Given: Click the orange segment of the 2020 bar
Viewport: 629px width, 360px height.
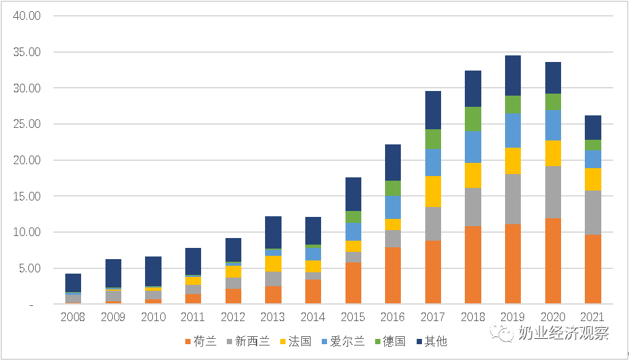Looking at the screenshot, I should (x=553, y=260).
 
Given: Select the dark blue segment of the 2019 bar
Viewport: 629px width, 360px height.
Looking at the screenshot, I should (x=513, y=75).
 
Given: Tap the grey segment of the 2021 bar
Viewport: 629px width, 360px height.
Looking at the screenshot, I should (x=593, y=212).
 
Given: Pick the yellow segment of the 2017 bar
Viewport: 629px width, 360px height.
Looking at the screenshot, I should (x=433, y=191).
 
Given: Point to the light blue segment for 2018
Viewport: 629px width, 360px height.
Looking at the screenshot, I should (x=473, y=147).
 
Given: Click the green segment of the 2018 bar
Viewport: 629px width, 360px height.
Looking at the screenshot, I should (x=473, y=119).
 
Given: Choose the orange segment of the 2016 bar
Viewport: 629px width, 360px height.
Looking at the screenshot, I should (x=393, y=275).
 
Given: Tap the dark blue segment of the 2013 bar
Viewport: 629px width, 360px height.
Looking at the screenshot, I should (x=273, y=232).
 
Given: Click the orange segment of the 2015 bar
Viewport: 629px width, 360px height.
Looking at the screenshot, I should (x=353, y=283).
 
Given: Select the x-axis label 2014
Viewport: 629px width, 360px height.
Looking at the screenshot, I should (x=313, y=317).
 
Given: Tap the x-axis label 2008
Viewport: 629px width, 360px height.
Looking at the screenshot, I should (x=73, y=317).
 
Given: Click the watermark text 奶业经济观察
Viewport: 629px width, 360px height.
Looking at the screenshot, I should (x=563, y=333).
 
